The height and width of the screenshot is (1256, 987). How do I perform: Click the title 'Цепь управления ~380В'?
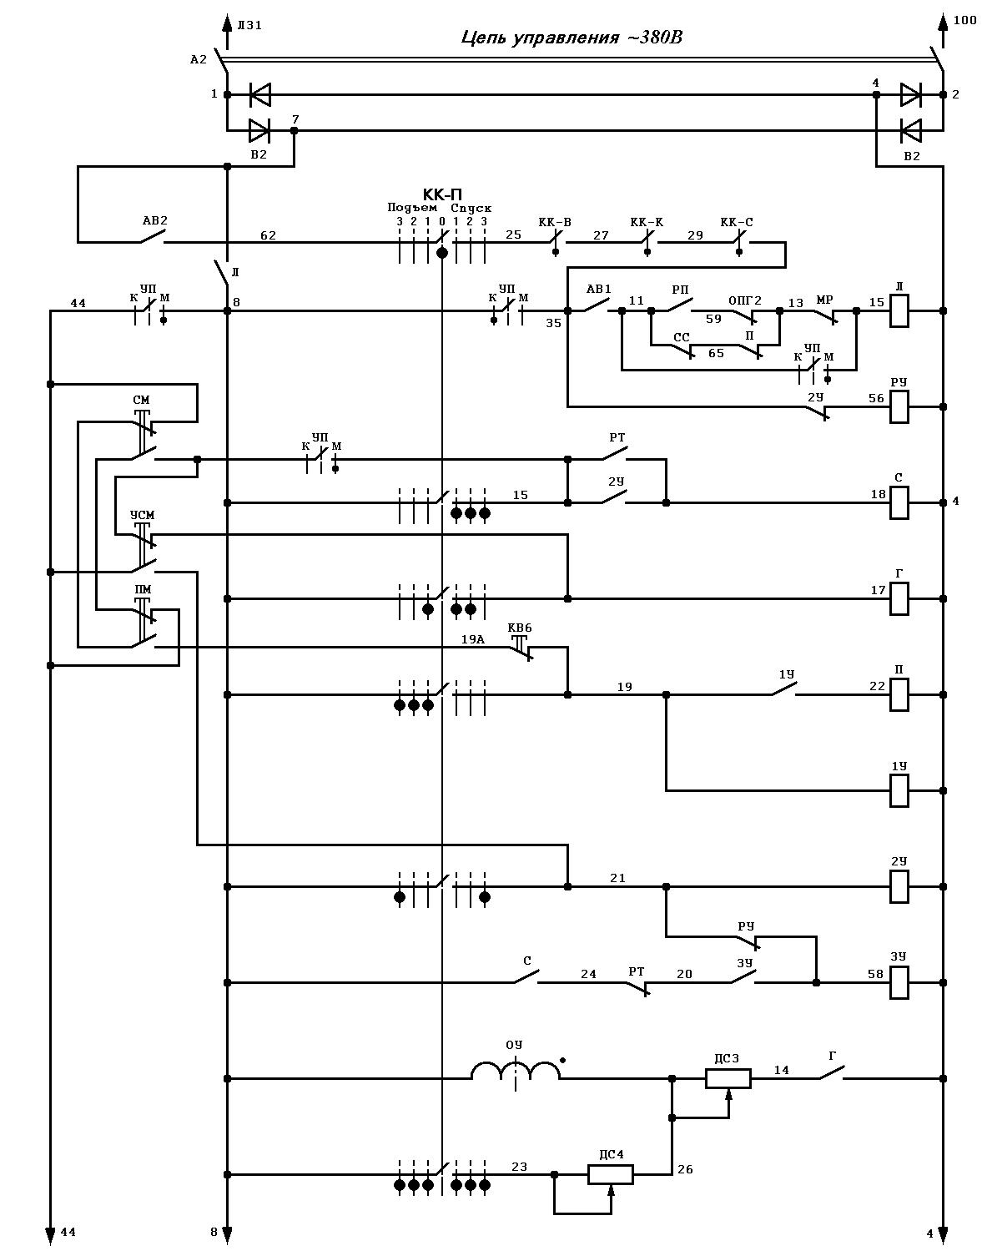click(572, 38)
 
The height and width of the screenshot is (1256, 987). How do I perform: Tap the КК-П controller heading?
click(442, 194)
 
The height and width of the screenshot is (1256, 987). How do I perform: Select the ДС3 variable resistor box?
click(728, 1078)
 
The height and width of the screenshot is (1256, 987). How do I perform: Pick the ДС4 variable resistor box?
click(611, 1174)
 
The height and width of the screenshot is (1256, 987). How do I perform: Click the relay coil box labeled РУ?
click(899, 407)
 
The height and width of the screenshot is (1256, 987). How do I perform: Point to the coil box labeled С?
click(899, 503)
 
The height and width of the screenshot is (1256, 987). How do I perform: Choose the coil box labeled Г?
click(899, 599)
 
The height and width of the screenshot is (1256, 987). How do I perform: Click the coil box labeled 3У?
click(899, 982)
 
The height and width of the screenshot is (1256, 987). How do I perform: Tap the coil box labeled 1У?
click(899, 790)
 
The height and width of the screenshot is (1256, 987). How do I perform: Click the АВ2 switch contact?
click(151, 237)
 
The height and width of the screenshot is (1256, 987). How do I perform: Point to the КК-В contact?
click(556, 242)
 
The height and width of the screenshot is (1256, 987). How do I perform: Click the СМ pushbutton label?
click(141, 400)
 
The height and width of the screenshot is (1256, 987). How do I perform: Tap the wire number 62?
click(268, 235)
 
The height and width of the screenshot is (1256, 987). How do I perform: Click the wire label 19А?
click(473, 638)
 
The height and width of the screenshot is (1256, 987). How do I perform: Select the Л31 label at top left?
click(249, 25)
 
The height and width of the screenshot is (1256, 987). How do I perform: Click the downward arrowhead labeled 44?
click(50, 1232)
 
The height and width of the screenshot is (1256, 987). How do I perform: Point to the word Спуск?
click(471, 209)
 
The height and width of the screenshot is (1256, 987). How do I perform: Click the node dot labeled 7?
click(294, 131)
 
